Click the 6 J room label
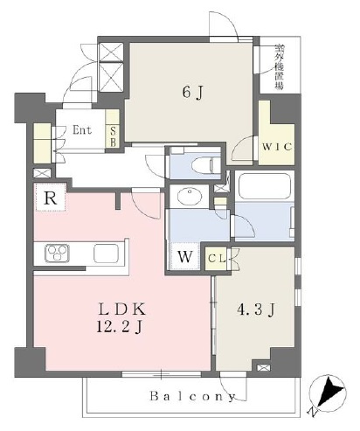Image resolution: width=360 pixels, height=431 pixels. [192, 93]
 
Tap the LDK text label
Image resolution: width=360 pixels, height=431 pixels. [121, 309]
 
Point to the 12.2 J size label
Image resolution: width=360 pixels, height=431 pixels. [119, 328]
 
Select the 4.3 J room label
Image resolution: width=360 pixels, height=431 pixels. [256, 310]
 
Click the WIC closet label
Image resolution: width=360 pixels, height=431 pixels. [277, 147]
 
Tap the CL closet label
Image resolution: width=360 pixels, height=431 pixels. [218, 259]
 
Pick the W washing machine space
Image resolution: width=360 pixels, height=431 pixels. [185, 257]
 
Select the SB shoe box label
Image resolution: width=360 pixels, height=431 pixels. [113, 136]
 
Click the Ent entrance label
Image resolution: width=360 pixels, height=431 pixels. [82, 130]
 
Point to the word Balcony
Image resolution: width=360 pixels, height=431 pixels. [192, 397]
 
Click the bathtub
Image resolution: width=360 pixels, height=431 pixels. [264, 186]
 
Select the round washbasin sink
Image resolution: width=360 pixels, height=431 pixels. [190, 197]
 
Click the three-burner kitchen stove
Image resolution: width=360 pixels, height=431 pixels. [57, 254]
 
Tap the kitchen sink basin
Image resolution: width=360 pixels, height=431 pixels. [107, 254]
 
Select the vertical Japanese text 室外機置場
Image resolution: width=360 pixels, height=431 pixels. [280, 67]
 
